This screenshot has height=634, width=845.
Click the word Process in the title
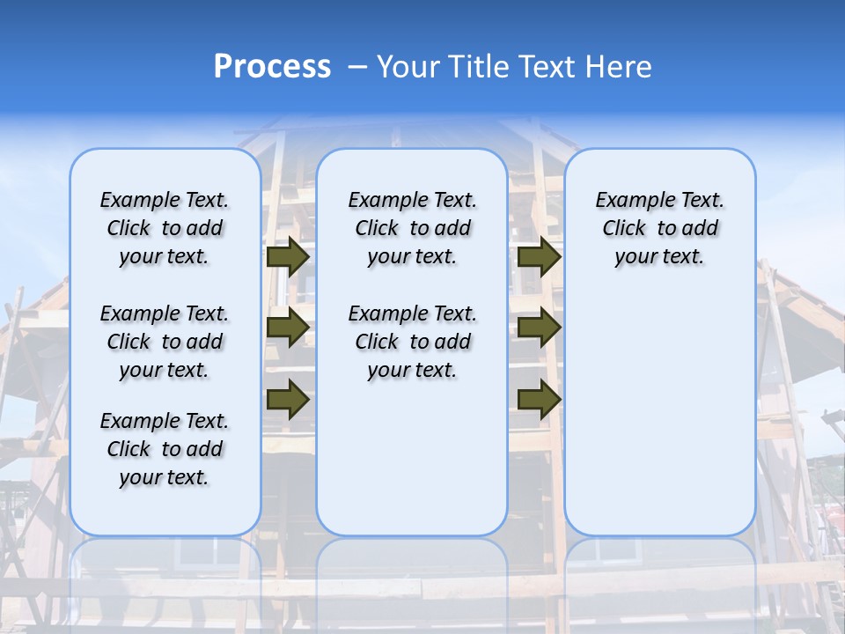click(272, 67)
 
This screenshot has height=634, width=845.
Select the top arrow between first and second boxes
click(288, 256)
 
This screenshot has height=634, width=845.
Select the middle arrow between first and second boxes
click(288, 328)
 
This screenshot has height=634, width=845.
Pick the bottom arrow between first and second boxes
click(288, 400)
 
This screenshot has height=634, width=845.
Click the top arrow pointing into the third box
click(539, 256)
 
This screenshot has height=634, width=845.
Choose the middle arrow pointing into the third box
click(539, 328)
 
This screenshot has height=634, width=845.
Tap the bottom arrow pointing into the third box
click(539, 400)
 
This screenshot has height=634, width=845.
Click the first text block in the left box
click(165, 228)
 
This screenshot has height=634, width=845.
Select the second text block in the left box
click(165, 342)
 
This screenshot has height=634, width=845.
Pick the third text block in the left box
click(165, 449)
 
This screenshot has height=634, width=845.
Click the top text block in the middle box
click(412, 228)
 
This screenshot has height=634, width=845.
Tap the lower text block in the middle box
click(412, 342)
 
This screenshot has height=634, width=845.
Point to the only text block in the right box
click(659, 228)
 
